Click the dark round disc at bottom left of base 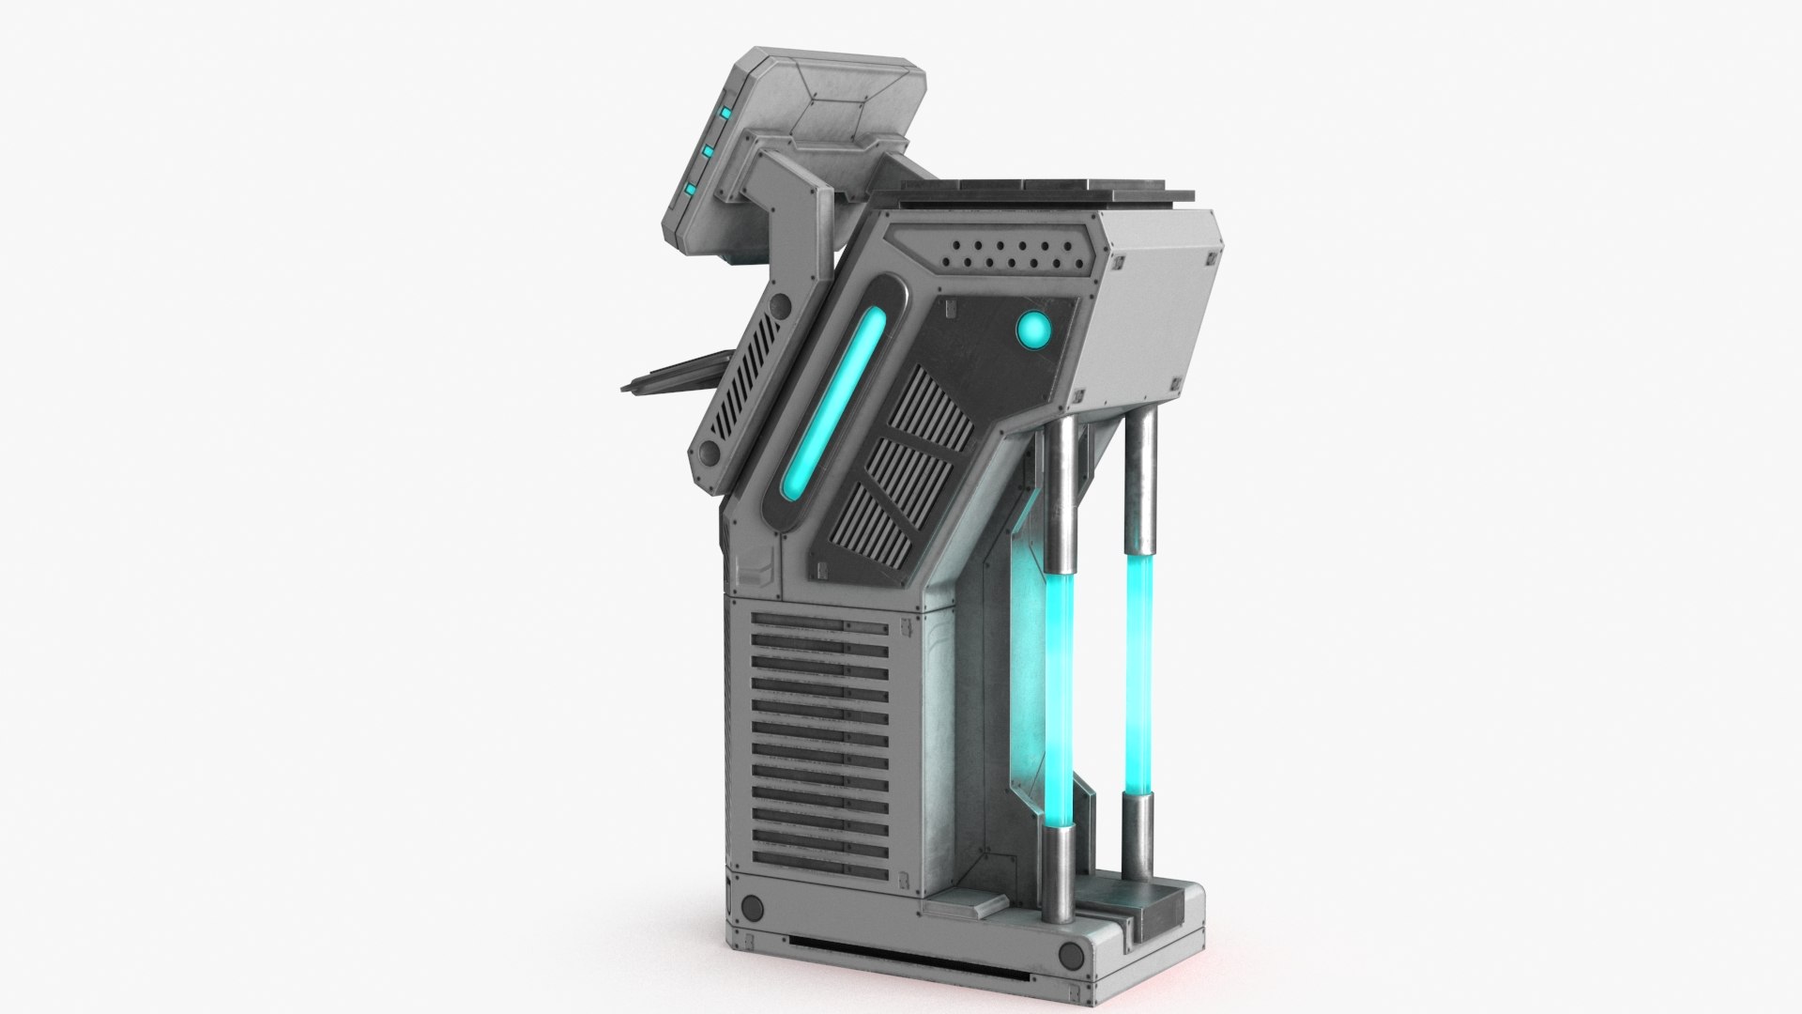pyautogui.click(x=752, y=907)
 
